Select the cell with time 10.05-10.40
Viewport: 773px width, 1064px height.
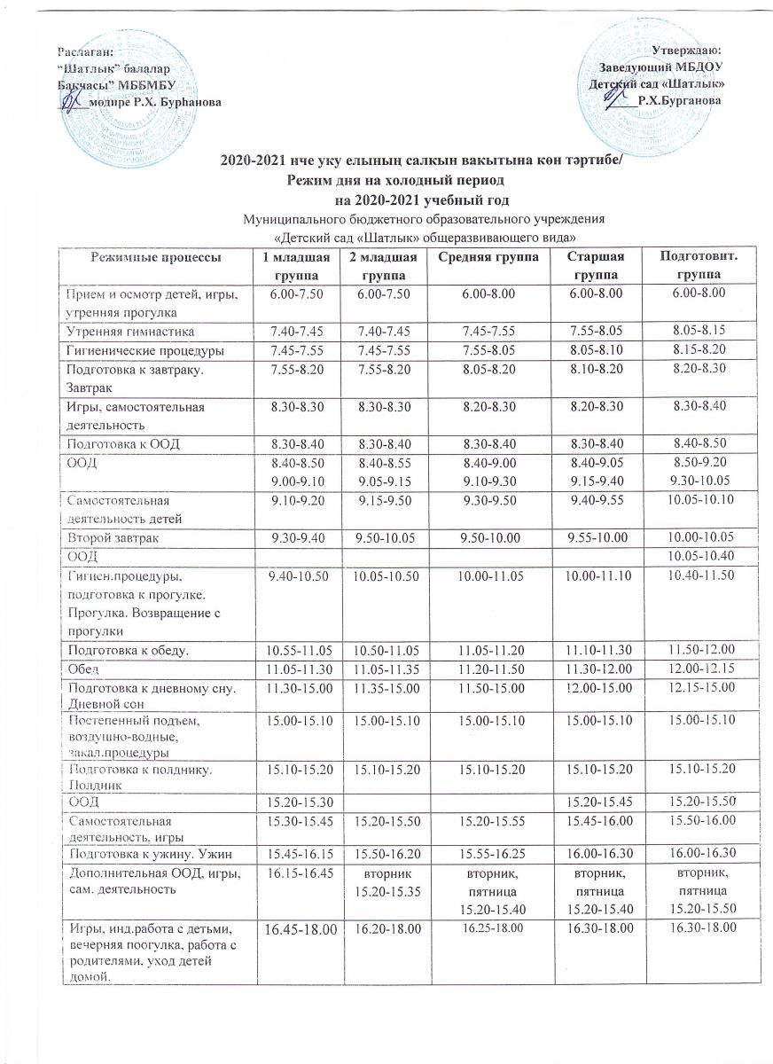click(695, 556)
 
